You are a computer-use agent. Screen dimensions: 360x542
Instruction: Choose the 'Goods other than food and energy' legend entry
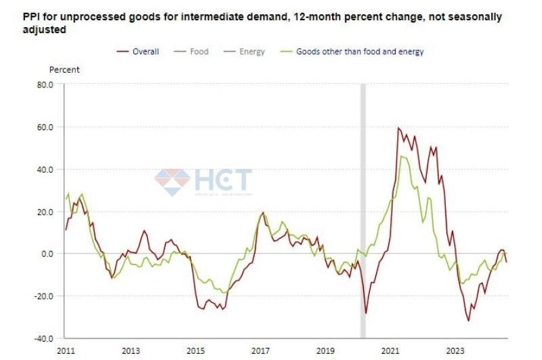(x=360, y=52)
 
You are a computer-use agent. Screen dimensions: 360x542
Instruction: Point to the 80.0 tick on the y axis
(x=45, y=85)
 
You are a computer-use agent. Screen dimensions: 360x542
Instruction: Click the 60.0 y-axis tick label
(x=45, y=127)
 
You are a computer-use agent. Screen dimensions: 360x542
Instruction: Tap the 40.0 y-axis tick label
(x=45, y=169)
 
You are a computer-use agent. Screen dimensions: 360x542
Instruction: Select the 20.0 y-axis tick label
(x=45, y=212)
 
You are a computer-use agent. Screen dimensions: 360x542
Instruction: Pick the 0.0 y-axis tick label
(x=47, y=254)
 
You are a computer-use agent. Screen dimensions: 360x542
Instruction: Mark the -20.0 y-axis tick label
(x=43, y=296)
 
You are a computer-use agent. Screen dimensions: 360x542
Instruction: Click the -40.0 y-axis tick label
(x=43, y=338)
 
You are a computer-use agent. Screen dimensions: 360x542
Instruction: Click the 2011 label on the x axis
(x=66, y=351)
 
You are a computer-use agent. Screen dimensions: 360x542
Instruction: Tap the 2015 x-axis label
(x=196, y=351)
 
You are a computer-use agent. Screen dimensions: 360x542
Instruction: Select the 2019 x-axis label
(x=326, y=351)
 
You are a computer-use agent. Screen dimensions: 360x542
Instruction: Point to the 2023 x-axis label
(x=456, y=351)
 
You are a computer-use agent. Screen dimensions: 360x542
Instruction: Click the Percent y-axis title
(x=64, y=70)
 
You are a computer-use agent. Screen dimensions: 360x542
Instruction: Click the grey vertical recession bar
(x=362, y=203)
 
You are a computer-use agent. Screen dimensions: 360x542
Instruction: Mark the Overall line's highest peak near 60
(x=398, y=128)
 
